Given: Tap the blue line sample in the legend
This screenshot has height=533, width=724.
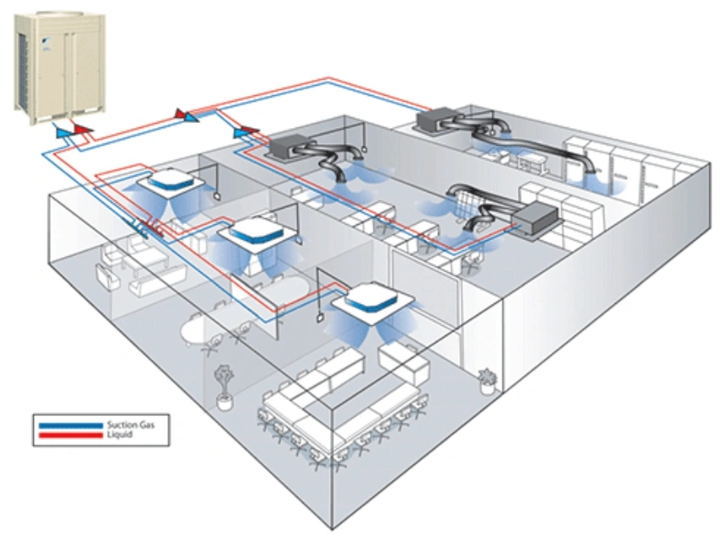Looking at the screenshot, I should click(70, 424).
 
